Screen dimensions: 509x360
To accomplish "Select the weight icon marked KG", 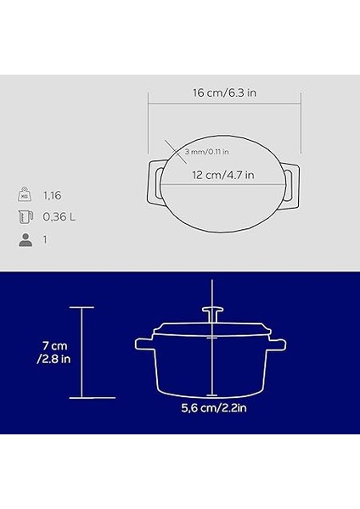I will coord(24,194).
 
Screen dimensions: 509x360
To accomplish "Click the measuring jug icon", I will coord(24,217).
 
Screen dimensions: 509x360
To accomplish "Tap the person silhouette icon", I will coord(24,240).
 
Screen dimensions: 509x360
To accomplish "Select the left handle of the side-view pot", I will coord(144,344).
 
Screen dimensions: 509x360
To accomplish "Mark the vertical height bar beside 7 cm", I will coord(82,351).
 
